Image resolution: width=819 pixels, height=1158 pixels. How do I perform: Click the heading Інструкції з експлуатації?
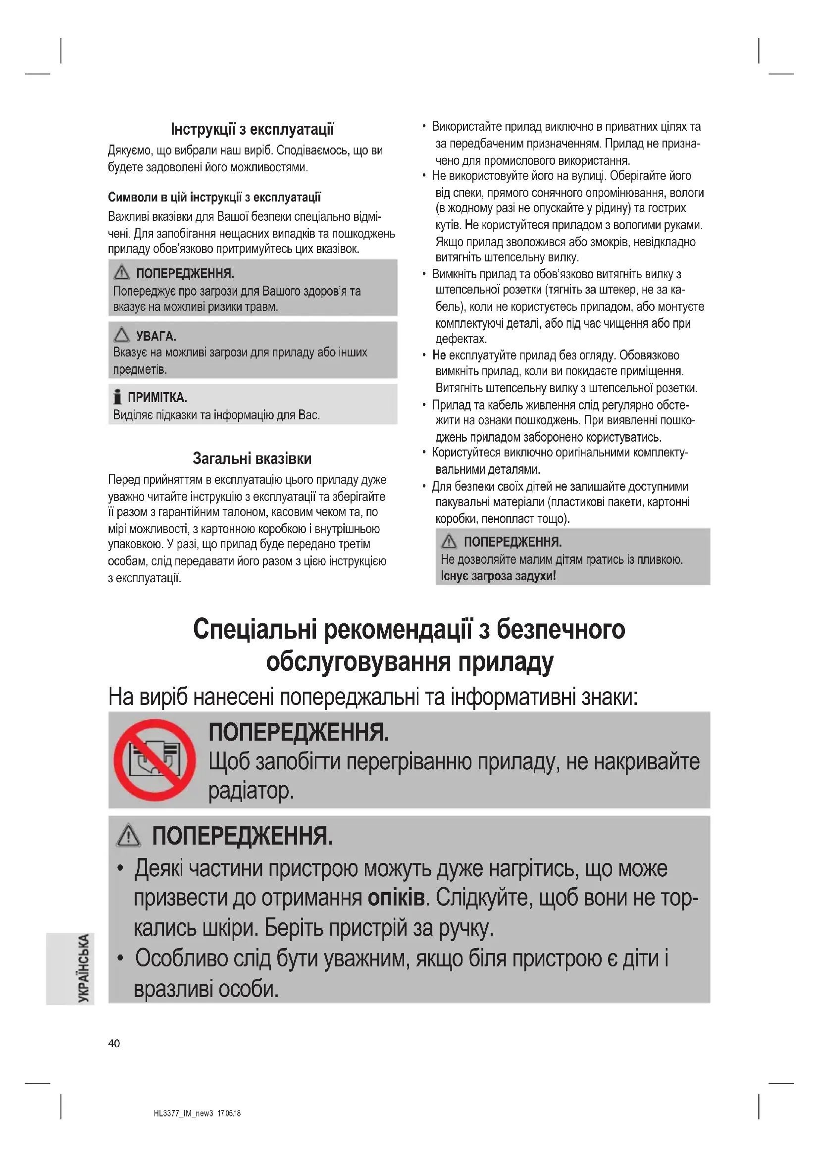click(x=252, y=130)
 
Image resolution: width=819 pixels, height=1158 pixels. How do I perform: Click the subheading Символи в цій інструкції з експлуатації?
click(x=214, y=197)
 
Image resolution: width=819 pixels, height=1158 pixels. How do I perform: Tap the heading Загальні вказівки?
click(x=252, y=458)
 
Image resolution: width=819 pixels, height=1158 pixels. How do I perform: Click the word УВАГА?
click(x=156, y=336)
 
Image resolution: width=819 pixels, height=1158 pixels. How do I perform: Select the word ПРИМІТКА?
click(x=157, y=398)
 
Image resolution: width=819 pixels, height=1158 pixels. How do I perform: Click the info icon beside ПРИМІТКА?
click(x=117, y=397)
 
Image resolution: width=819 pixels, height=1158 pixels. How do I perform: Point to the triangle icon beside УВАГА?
click(x=121, y=334)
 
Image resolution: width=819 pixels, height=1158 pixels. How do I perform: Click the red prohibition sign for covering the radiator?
click(x=154, y=760)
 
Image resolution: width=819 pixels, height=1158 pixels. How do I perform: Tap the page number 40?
click(x=114, y=1044)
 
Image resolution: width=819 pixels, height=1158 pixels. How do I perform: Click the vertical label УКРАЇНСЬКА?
click(x=84, y=968)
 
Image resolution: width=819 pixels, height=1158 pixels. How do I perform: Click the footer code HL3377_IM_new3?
click(x=184, y=1113)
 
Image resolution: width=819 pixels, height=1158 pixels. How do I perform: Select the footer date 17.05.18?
click(x=229, y=1113)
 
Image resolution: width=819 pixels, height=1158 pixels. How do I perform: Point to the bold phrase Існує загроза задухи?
click(x=498, y=576)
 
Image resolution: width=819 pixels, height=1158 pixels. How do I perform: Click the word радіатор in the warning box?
click(x=251, y=790)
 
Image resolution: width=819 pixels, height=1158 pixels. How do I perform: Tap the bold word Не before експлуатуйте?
click(x=439, y=355)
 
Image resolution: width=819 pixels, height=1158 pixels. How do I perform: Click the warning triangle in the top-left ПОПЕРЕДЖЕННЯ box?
click(x=121, y=273)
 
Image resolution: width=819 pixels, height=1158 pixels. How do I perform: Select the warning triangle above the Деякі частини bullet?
click(x=129, y=835)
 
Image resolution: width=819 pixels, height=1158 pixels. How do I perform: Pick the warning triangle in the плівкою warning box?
click(x=449, y=542)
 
